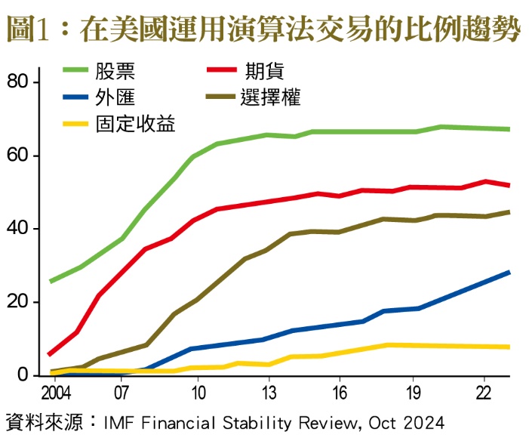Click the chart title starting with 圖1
tap(263, 30)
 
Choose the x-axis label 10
tap(198, 393)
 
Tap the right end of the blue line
tap(509, 272)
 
